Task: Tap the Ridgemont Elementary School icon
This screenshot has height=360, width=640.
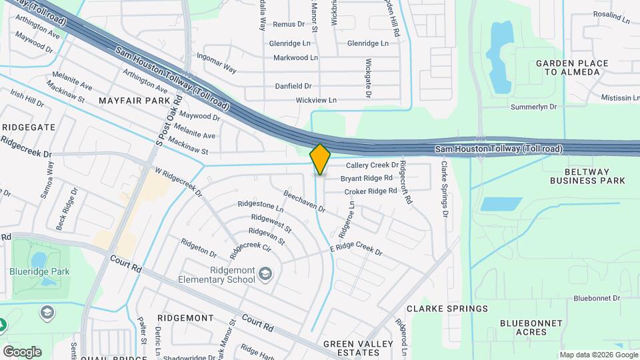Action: (265, 273)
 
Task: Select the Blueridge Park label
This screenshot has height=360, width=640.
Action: (40, 271)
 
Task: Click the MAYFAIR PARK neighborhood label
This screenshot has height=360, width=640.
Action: (135, 101)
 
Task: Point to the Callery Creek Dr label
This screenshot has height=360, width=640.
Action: (371, 165)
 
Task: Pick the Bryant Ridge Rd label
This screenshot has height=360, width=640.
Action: (366, 178)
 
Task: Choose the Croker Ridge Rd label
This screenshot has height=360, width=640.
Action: (370, 191)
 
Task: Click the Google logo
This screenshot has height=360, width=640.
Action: (22, 351)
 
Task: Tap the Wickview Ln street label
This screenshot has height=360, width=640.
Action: (316, 101)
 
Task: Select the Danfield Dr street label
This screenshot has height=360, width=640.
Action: (293, 86)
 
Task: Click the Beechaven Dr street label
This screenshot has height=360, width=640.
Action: (304, 201)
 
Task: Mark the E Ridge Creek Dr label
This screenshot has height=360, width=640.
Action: (356, 250)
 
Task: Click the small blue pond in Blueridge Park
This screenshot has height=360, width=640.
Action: (39, 259)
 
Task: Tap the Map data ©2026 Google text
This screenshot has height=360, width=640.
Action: (597, 355)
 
